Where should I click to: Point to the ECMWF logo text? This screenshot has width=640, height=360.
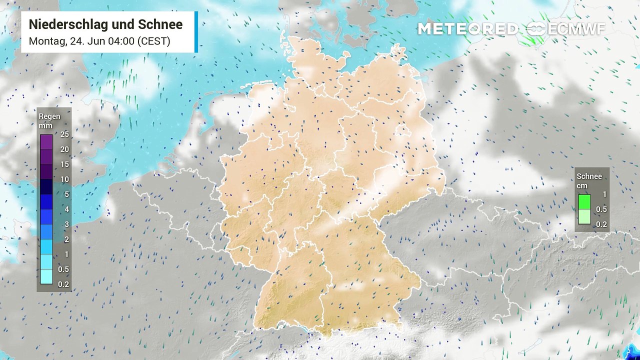[x=576, y=29]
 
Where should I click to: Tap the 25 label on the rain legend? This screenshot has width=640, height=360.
[x=64, y=134]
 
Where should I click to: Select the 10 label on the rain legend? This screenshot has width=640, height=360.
[x=64, y=179]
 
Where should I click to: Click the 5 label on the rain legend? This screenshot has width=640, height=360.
[x=66, y=194]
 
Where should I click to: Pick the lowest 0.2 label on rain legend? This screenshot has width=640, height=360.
[x=64, y=284]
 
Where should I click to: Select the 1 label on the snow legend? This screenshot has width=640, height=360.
[x=604, y=194]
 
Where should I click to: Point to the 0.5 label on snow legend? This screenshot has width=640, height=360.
[x=601, y=209]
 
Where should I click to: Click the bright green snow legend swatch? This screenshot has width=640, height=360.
[x=584, y=201]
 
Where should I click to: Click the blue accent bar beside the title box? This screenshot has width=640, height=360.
[x=196, y=32]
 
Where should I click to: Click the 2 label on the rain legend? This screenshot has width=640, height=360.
[x=66, y=239]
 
